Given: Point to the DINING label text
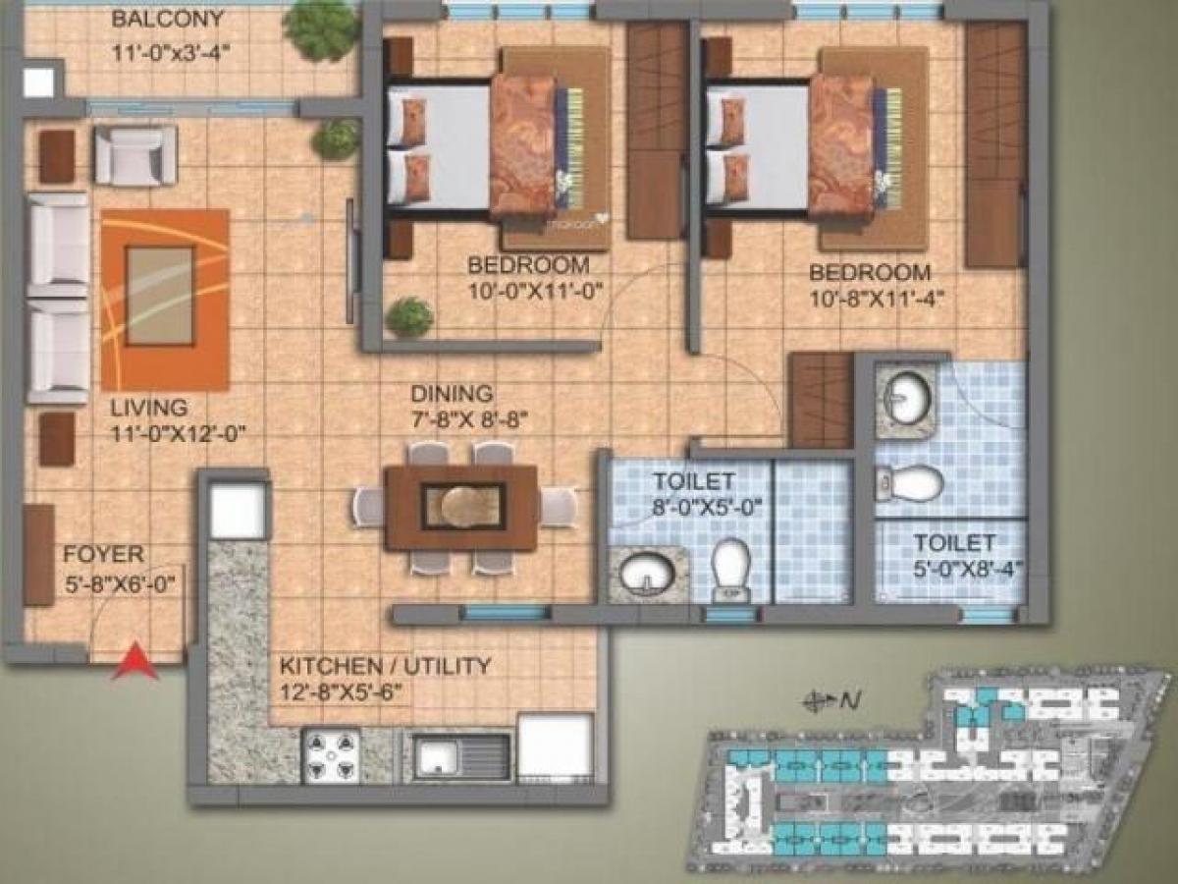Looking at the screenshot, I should pyautogui.click(x=452, y=395).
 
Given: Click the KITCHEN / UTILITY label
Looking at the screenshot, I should pyautogui.click(x=385, y=667).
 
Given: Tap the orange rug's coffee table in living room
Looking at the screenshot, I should pyautogui.click(x=160, y=296).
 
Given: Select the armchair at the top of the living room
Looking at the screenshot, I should pyautogui.click(x=135, y=155).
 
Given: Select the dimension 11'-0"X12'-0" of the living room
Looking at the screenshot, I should pyautogui.click(x=177, y=431).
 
